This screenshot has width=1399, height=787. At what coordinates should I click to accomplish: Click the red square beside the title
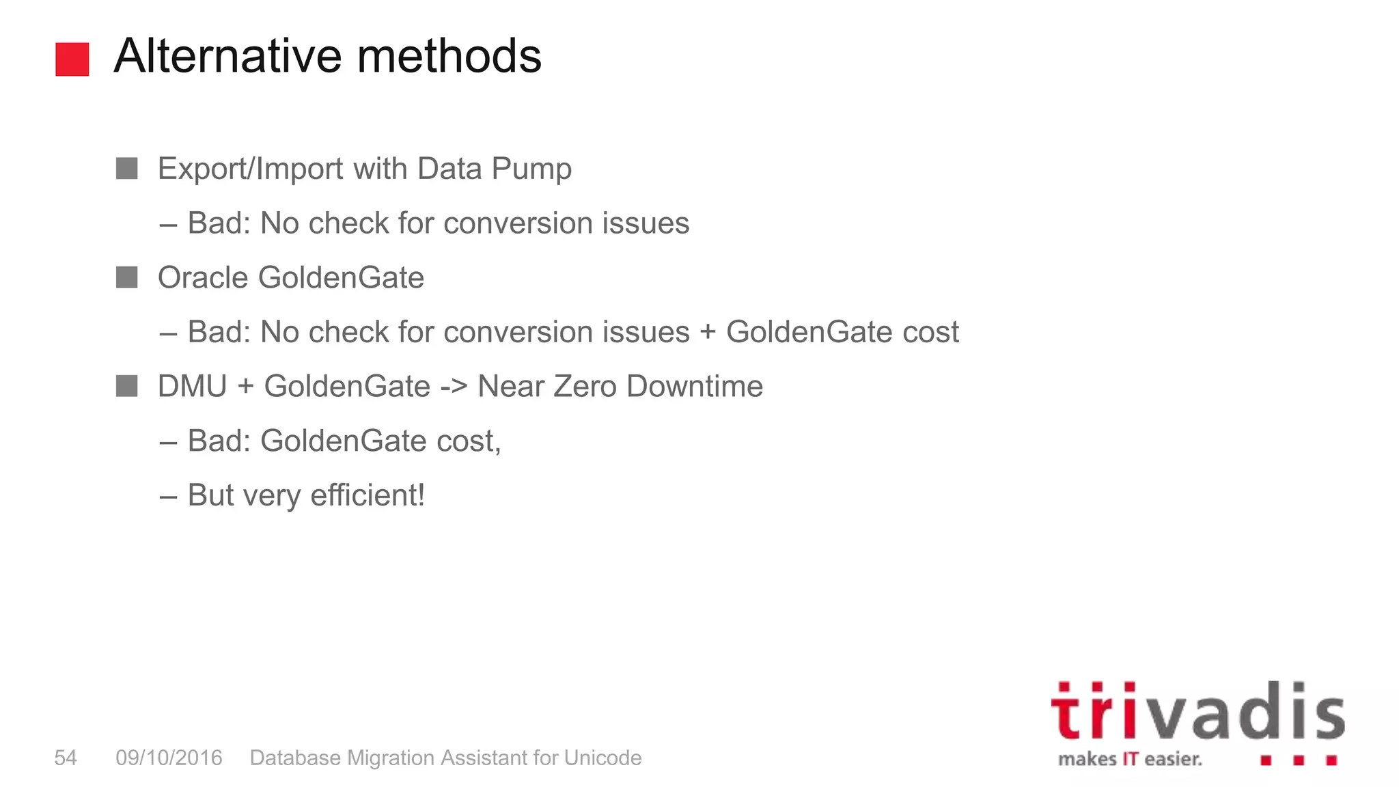click(72, 59)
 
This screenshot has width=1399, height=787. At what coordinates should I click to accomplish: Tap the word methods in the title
click(449, 56)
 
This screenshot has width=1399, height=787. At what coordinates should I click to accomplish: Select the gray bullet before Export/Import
click(127, 169)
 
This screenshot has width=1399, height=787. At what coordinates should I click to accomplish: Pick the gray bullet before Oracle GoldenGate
click(127, 277)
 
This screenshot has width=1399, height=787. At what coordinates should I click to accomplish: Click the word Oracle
click(202, 278)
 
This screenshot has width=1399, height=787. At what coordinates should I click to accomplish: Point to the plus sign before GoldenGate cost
click(708, 333)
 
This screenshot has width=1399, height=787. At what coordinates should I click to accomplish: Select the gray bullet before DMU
click(127, 386)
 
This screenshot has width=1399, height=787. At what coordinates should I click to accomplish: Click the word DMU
click(192, 387)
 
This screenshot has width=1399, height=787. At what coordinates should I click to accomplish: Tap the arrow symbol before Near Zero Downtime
click(454, 387)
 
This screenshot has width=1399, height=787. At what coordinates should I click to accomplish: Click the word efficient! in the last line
click(368, 495)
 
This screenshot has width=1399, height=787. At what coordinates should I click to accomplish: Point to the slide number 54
click(66, 758)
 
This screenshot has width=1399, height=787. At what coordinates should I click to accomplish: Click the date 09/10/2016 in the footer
click(169, 758)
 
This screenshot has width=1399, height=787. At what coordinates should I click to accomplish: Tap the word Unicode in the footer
click(602, 758)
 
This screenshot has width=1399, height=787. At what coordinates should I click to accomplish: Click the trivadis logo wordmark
click(1197, 712)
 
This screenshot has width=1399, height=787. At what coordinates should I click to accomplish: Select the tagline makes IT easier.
click(1130, 759)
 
